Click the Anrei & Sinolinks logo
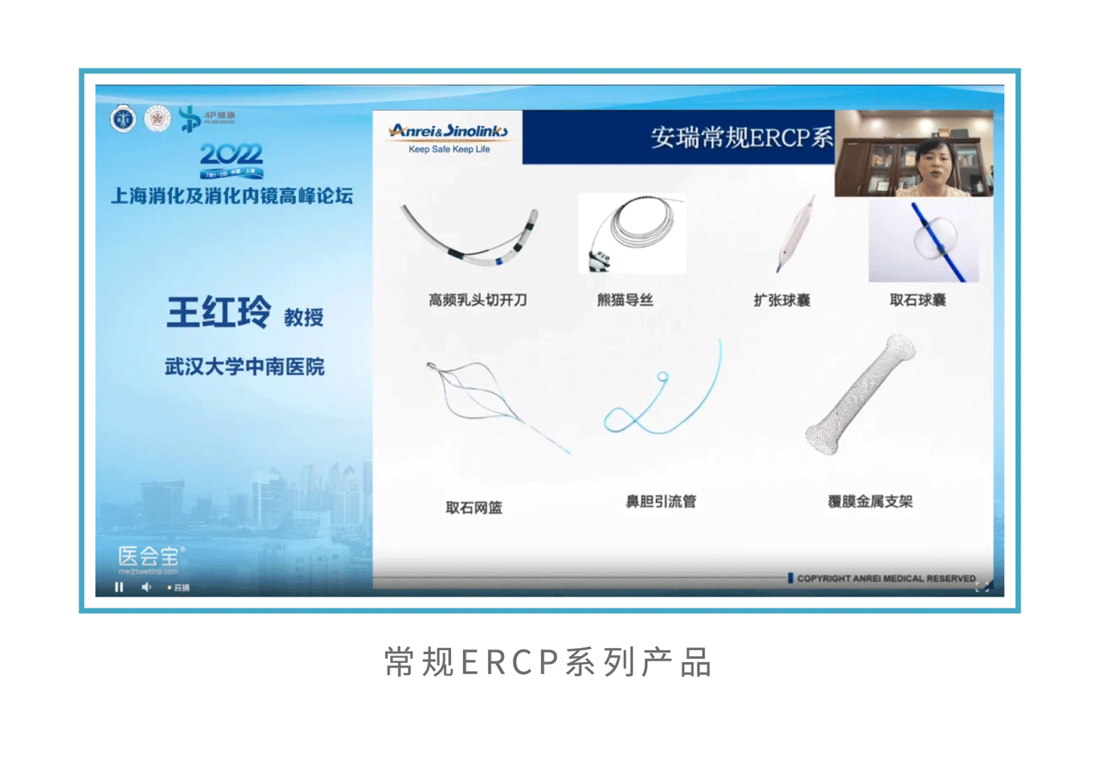[449, 137]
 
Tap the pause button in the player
[119, 587]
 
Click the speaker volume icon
[146, 587]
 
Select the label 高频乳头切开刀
[478, 300]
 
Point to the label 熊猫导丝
[625, 300]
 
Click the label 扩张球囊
[782, 300]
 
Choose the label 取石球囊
[918, 300]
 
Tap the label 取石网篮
[474, 508]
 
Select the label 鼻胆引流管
[660, 502]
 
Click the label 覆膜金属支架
[870, 502]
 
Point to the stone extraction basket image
[485, 400]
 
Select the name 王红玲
[219, 313]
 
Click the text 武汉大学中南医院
[244, 367]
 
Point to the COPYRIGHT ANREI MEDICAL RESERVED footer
[885, 578]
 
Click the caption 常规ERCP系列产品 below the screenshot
[548, 662]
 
